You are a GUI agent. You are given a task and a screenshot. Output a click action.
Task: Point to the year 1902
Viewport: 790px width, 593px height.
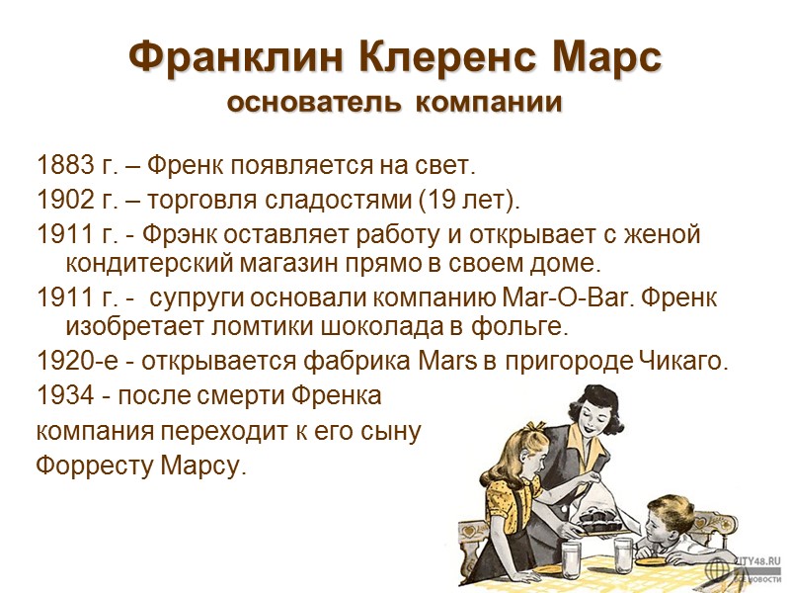pos(61,202)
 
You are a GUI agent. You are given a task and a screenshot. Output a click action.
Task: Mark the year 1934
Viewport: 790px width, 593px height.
pos(61,396)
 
